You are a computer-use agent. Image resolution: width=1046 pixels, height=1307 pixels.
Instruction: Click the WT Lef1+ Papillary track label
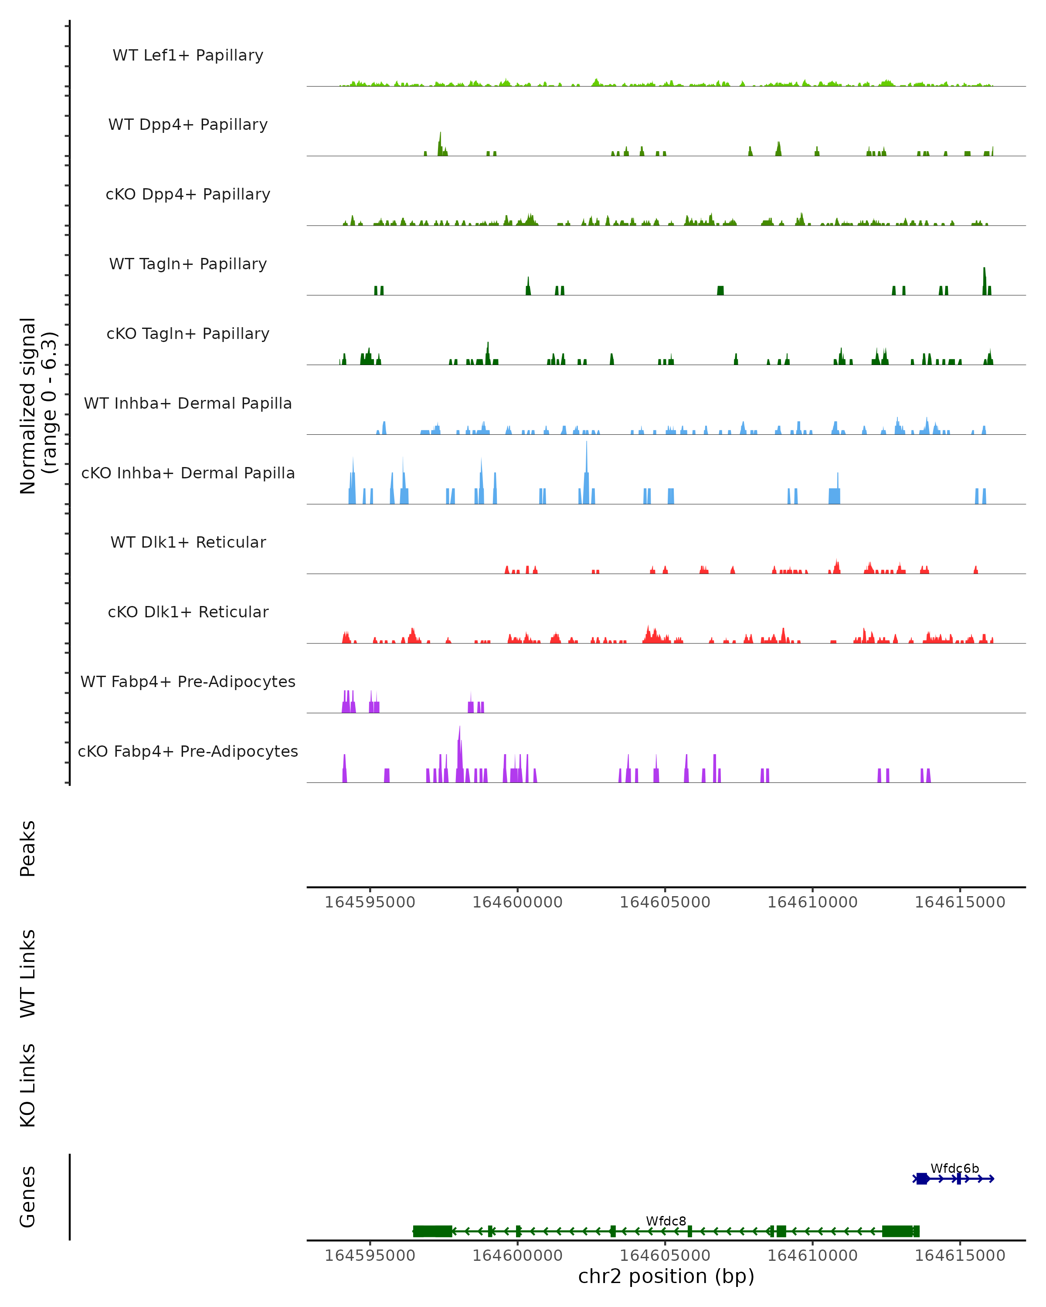click(188, 55)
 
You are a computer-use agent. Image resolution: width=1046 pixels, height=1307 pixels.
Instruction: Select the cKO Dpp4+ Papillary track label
click(188, 195)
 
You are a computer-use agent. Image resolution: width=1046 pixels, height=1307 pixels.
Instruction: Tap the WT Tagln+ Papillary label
click(188, 264)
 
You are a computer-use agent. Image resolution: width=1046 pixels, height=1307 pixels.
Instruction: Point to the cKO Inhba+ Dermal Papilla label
click(188, 474)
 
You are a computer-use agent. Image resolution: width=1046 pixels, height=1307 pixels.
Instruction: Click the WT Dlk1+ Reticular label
click(188, 542)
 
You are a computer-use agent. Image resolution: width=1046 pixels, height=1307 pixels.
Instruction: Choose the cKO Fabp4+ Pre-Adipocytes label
click(188, 752)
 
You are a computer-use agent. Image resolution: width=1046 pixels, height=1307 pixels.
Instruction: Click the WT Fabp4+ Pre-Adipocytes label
click(188, 682)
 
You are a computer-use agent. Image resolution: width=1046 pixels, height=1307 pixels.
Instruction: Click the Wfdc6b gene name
click(954, 1169)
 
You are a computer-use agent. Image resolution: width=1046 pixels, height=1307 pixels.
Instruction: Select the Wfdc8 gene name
click(666, 1222)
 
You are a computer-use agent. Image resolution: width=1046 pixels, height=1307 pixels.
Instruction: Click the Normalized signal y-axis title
click(37, 406)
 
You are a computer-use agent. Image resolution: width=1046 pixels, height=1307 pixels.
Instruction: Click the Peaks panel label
click(28, 849)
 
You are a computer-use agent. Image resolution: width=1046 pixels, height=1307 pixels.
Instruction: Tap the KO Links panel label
click(28, 1086)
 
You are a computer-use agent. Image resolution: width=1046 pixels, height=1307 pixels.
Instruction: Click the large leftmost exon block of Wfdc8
click(432, 1231)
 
